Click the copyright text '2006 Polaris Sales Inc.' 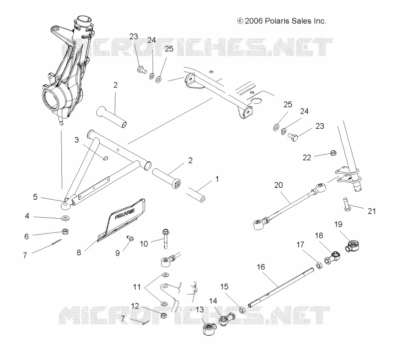[x=285, y=21]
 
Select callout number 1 [x=217, y=179]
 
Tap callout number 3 [x=77, y=140]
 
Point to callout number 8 [x=79, y=253]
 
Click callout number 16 [x=261, y=267]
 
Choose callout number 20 [x=278, y=185]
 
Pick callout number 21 [x=372, y=211]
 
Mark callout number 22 [x=307, y=158]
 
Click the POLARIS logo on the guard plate [x=125, y=214]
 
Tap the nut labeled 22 [x=333, y=153]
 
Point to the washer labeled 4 [x=66, y=218]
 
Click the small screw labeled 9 [x=131, y=238]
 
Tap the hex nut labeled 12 [x=164, y=316]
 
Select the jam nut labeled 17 [x=318, y=266]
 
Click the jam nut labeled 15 [x=242, y=310]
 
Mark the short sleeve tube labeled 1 [x=196, y=195]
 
